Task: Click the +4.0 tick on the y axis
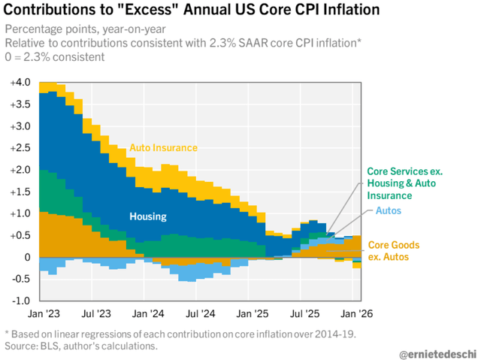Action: (17, 82)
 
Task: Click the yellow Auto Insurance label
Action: (164, 147)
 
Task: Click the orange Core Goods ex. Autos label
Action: (394, 251)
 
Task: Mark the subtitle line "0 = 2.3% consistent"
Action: (55, 57)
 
